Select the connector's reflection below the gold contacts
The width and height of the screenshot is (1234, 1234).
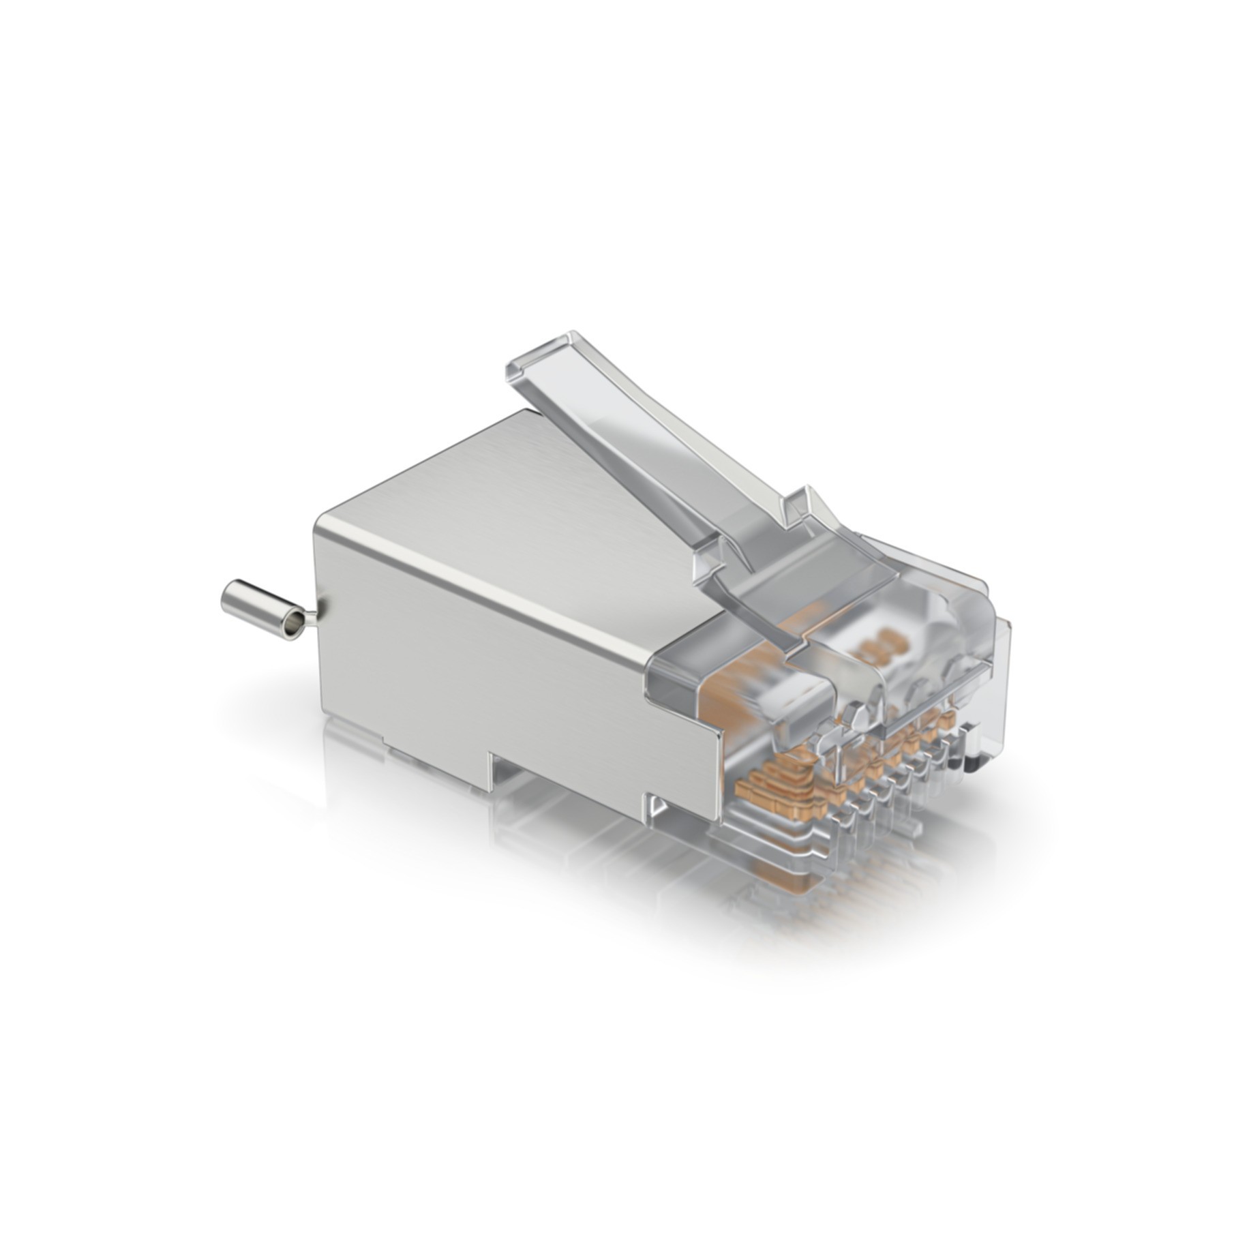click(784, 886)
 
